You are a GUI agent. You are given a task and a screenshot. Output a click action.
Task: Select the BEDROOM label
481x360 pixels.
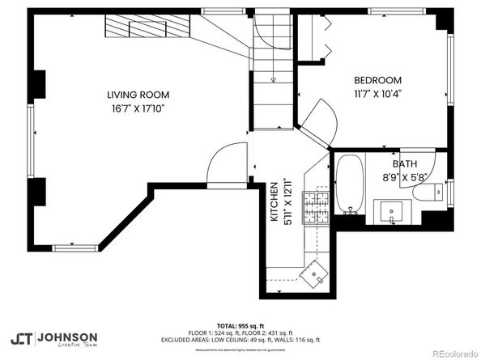click(x=378, y=80)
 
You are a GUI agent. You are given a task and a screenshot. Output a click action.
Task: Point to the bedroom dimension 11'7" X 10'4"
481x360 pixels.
click(x=378, y=93)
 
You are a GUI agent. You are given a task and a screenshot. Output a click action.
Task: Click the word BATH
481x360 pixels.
click(x=404, y=163)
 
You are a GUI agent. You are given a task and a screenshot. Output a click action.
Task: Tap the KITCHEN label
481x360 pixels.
click(x=275, y=202)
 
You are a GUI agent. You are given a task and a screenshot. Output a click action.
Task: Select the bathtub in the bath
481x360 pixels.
click(x=349, y=185)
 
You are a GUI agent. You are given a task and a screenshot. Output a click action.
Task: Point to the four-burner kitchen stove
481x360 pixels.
click(x=314, y=209)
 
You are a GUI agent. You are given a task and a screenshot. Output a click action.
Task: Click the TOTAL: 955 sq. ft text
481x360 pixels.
click(x=240, y=322)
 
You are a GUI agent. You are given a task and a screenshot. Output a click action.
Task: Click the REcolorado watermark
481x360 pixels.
click(x=453, y=353)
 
